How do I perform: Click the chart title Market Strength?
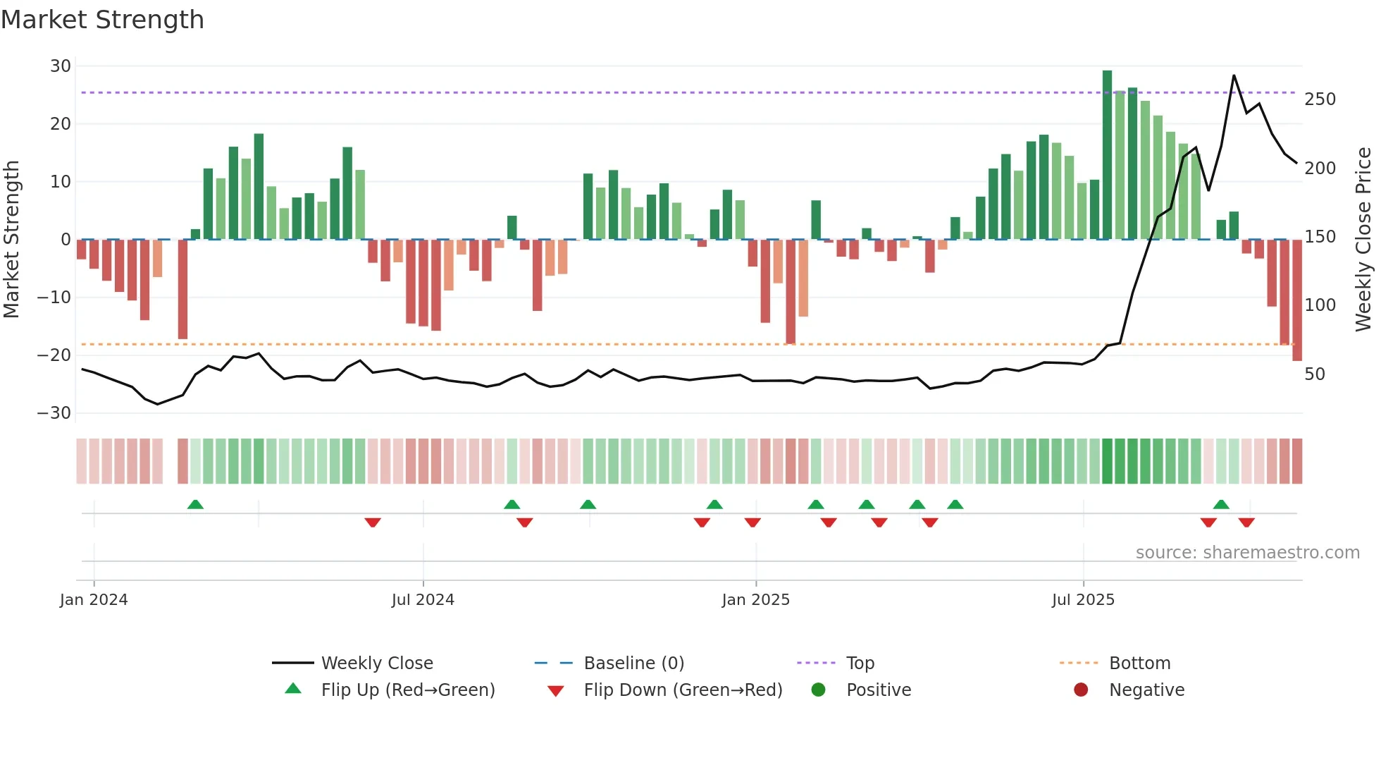(x=103, y=20)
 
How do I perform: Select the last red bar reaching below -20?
(x=1296, y=300)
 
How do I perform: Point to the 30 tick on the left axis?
(x=61, y=66)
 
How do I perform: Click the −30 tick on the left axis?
(x=55, y=413)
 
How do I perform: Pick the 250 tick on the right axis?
(x=1320, y=99)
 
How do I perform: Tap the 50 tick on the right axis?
(x=1315, y=374)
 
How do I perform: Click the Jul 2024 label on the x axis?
(x=423, y=600)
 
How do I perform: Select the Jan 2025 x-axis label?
(x=756, y=600)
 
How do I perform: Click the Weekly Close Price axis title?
(x=1363, y=240)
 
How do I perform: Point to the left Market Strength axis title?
(x=12, y=240)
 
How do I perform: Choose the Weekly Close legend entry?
(x=376, y=663)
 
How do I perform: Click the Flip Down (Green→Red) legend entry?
(x=682, y=690)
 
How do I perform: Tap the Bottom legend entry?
(x=1139, y=663)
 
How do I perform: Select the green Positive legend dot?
(x=818, y=690)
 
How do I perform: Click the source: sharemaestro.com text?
(x=1247, y=553)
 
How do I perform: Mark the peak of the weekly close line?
(x=1234, y=75)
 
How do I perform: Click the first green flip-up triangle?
(x=195, y=504)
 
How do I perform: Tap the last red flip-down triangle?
(x=1246, y=522)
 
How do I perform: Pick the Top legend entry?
(x=860, y=663)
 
